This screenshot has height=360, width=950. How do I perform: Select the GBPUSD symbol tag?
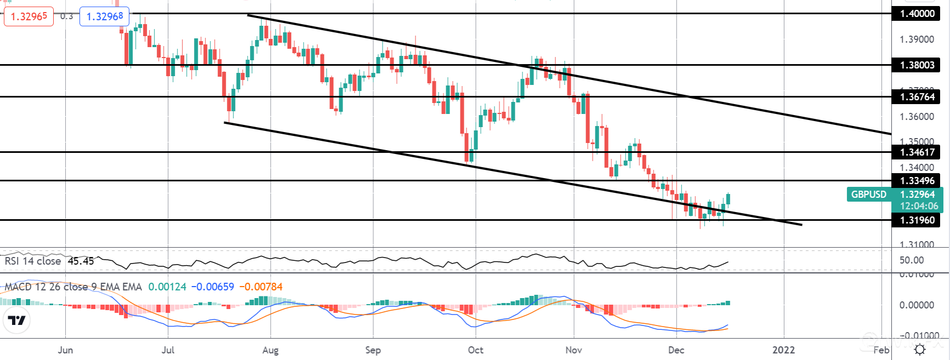869,195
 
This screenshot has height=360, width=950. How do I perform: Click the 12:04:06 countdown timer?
919,206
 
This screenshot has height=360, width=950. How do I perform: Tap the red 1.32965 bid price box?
29,16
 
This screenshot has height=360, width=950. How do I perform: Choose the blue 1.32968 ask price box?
105,16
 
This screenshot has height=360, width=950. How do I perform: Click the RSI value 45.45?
81,261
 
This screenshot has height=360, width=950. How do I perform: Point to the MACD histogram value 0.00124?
167,287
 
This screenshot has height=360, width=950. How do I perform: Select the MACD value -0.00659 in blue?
213,287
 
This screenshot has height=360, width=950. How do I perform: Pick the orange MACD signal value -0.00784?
261,287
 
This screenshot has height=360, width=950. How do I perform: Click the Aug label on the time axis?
270,350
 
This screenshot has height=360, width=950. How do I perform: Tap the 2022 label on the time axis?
783,350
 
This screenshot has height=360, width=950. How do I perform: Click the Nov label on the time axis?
573,350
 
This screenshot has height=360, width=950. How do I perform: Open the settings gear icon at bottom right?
920,350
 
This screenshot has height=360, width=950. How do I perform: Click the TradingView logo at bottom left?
17,321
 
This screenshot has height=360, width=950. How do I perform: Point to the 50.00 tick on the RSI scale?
912,260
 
